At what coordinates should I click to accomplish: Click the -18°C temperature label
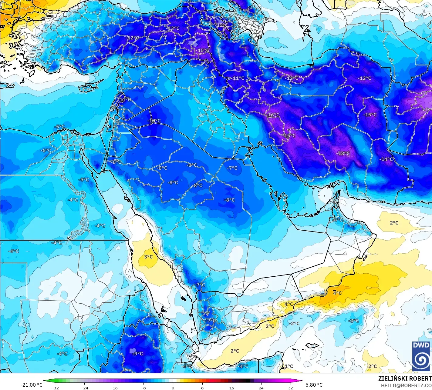coord(343,153)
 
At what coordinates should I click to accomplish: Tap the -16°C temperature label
coord(273,115)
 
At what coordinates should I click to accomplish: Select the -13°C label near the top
coord(173,28)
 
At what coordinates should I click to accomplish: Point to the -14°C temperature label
coord(386,159)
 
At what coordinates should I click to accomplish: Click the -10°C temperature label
coord(154,121)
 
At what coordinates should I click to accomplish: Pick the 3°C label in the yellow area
coord(148,257)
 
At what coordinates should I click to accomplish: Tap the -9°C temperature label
coord(138,353)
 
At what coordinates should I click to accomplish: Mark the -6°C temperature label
coord(46,150)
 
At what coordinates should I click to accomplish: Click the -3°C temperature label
coord(354,321)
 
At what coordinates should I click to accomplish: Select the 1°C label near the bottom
coord(289,366)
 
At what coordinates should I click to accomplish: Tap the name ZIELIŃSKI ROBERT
coord(405,378)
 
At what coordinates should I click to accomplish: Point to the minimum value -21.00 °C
coord(31,385)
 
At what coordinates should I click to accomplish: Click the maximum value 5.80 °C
coord(314,385)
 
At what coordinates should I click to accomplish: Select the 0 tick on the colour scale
coord(173,388)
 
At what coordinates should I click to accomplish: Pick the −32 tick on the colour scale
coord(55,388)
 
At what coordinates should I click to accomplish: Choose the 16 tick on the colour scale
coord(231,388)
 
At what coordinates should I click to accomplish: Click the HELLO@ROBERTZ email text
coord(407,385)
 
